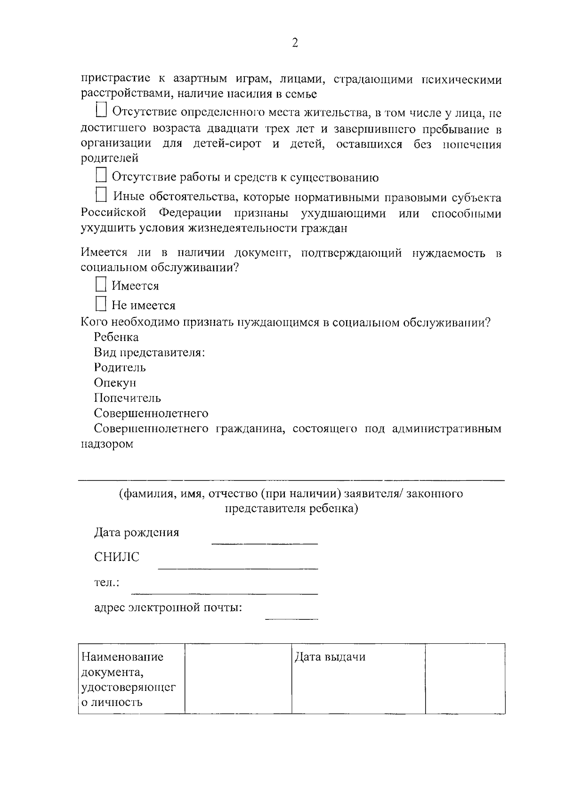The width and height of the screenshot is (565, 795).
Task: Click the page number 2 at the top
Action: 295,43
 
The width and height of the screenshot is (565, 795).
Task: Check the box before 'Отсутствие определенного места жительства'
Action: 101,110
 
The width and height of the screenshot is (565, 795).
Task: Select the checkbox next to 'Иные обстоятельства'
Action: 101,195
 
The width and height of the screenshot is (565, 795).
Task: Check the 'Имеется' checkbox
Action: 101,284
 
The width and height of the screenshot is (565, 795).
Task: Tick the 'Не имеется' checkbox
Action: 101,304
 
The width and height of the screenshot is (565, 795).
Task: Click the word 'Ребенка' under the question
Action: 116,337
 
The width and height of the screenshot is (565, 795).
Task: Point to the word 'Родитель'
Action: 120,367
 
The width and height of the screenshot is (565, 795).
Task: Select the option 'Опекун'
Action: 115,382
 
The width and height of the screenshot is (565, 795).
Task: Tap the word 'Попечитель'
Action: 127,398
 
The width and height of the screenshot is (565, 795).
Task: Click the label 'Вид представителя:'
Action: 149,352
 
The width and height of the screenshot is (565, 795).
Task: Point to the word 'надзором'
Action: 107,444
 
